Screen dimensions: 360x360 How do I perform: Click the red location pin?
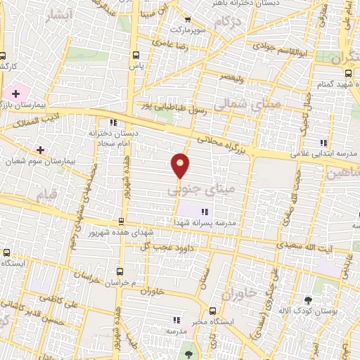pos(181,165)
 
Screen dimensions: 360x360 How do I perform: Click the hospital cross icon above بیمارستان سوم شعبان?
pos(40,150)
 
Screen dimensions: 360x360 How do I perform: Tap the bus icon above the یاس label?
pos(135,54)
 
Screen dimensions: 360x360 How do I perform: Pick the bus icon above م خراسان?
pos(120,271)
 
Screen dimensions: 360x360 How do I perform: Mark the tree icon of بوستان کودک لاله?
pos(307,300)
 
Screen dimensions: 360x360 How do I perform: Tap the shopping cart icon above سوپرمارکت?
pos(188,20)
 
